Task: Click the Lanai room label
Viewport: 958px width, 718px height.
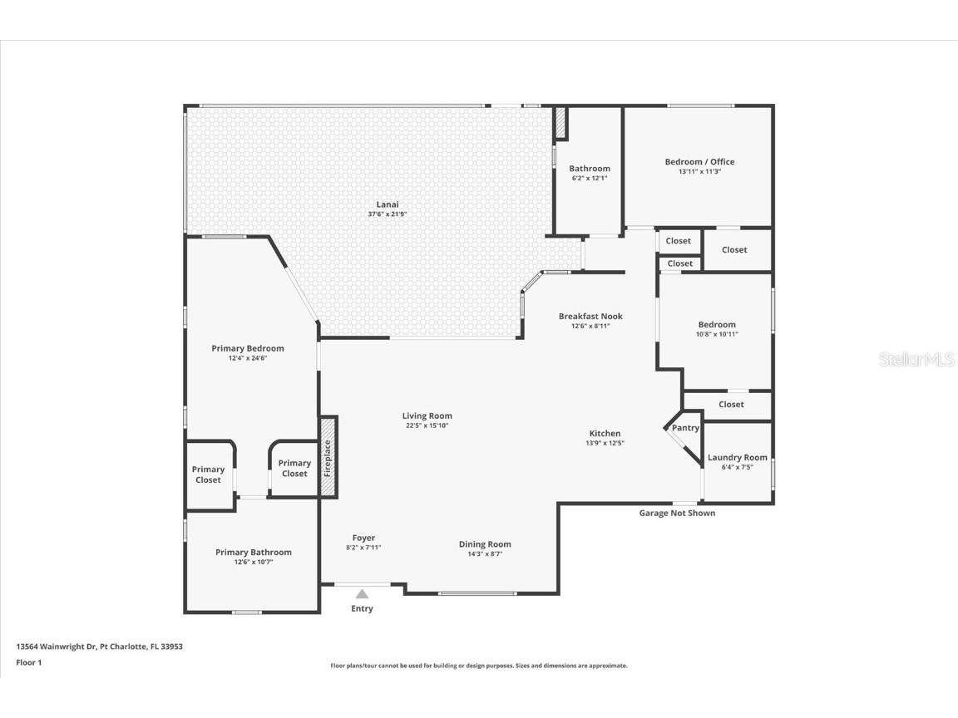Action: coord(388,204)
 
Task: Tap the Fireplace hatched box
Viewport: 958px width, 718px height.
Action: coord(328,456)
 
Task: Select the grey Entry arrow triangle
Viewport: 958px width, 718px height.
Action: coord(362,594)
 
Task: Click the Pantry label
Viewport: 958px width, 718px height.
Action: coord(685,428)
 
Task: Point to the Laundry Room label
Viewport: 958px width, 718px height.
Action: coord(737,458)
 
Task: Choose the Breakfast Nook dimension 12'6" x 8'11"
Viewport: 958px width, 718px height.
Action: coord(590,327)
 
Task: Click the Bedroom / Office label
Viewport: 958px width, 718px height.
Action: coord(699,162)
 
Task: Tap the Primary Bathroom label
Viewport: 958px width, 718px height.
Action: coord(254,553)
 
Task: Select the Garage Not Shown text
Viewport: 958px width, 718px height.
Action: coord(677,514)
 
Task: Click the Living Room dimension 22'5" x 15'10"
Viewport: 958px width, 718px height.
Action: coord(427,426)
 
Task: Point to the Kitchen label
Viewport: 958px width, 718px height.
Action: coord(605,434)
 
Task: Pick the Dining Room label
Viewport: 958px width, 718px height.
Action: coord(485,544)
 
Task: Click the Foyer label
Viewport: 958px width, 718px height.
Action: coord(363,538)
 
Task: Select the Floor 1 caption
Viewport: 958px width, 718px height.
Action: coord(28,663)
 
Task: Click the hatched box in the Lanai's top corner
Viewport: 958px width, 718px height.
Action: coord(560,123)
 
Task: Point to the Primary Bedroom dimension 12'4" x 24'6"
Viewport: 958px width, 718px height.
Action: coord(247,359)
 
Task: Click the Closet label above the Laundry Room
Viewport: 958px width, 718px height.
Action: coord(731,405)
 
